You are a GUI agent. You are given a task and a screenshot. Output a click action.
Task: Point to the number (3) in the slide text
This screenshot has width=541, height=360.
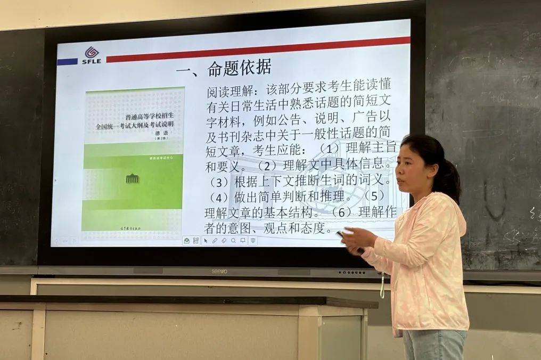tap(218, 182)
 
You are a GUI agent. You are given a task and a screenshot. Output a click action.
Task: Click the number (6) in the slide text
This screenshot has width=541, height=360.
tap(341, 212)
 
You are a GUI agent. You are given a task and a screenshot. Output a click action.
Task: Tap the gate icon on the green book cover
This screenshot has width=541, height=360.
tap(132, 178)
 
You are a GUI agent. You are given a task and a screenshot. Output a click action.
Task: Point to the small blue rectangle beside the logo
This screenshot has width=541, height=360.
tap(67, 62)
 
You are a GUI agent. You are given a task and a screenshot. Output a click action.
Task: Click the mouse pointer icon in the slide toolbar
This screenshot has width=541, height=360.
tap(206, 241)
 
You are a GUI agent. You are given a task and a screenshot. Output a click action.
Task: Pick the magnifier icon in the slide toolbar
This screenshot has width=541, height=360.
tap(233, 241)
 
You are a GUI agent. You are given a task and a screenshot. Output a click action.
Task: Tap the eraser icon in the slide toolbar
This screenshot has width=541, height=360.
tap(224, 241)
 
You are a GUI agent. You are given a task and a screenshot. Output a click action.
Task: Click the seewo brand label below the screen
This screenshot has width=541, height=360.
tap(219, 271)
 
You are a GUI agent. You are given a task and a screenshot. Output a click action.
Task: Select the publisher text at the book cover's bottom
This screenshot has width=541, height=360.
tap(133, 226)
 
